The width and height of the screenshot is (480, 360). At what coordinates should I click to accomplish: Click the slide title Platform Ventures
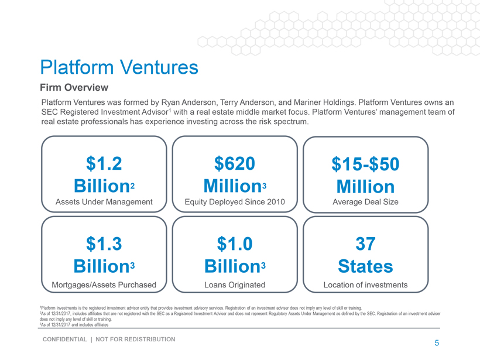[x=119, y=67]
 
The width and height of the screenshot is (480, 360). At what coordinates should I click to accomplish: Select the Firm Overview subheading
[x=74, y=88]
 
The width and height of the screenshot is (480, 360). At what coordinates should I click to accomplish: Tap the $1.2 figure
[x=104, y=164]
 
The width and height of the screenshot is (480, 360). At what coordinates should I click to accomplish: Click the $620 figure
[x=235, y=164]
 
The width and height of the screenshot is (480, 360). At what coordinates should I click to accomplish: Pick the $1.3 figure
[x=104, y=243]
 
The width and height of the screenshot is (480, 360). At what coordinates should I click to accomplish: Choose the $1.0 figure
[x=235, y=243]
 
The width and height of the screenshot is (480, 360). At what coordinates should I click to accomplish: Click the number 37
[x=365, y=243]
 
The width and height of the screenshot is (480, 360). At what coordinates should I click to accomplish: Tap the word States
[x=365, y=266]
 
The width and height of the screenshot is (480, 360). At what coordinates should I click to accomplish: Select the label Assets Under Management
[x=104, y=202]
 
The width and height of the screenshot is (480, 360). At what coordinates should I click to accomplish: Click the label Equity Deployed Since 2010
[x=235, y=202]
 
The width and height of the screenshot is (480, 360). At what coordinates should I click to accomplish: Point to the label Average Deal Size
[x=365, y=202]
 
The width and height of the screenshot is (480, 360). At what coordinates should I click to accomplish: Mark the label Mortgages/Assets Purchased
[x=104, y=285]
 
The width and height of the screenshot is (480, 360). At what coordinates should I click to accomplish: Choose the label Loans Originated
[x=235, y=285]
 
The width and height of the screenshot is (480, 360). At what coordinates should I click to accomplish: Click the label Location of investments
[x=365, y=285]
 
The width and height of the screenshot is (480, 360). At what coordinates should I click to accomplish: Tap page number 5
[x=436, y=343]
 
